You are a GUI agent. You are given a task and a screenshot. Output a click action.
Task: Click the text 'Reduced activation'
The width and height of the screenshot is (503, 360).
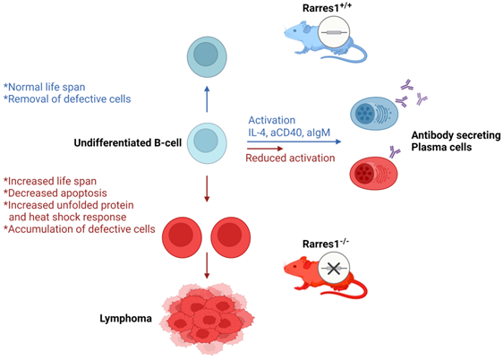pyautogui.click(x=289, y=158)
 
